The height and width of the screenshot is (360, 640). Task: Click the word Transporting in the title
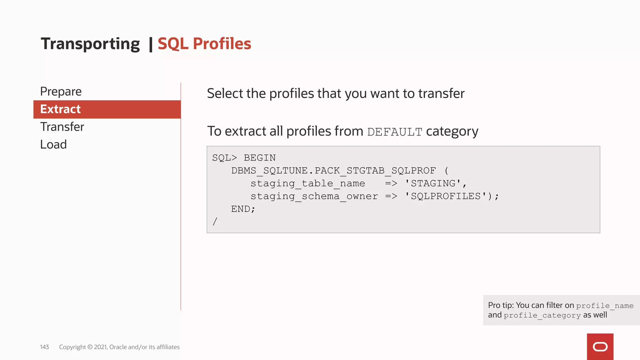tap(90, 44)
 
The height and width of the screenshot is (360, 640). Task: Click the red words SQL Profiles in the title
tap(204, 44)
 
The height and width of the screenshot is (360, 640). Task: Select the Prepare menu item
tap(61, 92)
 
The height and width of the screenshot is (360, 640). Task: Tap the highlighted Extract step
tap(60, 109)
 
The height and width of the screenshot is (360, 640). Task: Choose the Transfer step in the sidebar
tap(62, 127)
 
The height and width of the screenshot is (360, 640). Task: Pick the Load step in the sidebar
tap(53, 145)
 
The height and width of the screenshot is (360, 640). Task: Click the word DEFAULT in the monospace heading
tap(395, 132)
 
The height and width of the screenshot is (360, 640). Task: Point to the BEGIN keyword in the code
tap(260, 158)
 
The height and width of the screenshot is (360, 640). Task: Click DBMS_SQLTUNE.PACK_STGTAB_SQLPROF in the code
tap(333, 171)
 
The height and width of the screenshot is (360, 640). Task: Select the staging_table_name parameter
tap(307, 183)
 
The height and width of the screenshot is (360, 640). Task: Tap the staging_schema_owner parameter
tap(314, 196)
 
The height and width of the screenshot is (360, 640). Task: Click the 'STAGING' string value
tap(433, 183)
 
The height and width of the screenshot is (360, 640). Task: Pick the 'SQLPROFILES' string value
tap(446, 196)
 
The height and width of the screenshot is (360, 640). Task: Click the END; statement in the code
tap(243, 209)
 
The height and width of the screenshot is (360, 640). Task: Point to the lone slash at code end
tap(215, 222)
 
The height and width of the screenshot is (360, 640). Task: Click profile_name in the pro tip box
tap(605, 306)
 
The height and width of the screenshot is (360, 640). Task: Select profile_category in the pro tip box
tap(542, 316)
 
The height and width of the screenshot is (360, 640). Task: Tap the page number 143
tap(44, 347)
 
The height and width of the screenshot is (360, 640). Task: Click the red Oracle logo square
tap(600, 347)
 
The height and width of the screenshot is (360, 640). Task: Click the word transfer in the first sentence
tap(441, 93)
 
